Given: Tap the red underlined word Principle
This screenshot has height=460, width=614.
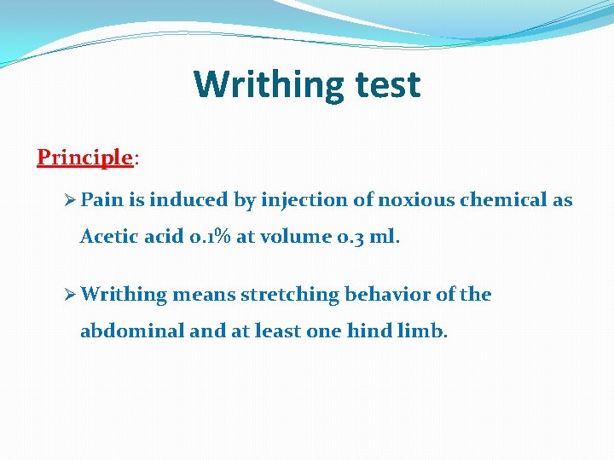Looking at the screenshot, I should tap(84, 158).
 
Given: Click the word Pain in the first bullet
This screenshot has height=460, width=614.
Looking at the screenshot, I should tap(102, 200).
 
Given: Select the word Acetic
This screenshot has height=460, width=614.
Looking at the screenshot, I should tap(107, 237).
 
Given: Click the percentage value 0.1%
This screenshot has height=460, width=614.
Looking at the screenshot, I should tap(209, 237).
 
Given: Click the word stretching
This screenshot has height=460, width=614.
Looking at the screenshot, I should tap(289, 295).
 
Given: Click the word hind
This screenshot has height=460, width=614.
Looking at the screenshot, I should tap(370, 331).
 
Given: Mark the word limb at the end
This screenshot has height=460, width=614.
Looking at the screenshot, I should tap(422, 331).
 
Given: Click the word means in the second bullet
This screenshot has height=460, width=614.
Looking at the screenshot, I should tap(205, 295).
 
